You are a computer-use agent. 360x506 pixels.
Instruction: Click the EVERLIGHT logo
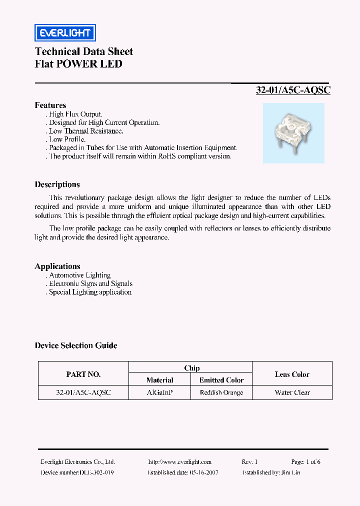point(65,33)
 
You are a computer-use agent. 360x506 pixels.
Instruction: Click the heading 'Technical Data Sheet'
point(84,51)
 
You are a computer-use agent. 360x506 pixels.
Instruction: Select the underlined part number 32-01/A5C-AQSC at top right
point(293,90)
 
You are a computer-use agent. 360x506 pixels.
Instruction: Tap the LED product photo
point(293,133)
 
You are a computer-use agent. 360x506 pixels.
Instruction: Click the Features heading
point(50,105)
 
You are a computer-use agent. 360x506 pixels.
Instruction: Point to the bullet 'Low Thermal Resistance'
point(85,131)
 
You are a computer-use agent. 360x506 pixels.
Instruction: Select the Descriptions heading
point(57,184)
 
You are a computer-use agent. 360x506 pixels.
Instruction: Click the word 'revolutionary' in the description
point(87,198)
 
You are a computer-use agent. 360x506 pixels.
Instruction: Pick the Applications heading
point(57,266)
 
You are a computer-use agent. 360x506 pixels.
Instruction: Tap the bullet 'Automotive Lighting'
point(79,275)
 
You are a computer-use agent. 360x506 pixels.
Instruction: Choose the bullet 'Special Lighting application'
point(90,292)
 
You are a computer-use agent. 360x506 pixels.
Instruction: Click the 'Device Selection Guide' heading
point(76,345)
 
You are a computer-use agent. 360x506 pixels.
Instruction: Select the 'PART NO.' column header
point(83,374)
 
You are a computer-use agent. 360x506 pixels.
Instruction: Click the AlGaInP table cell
point(160,393)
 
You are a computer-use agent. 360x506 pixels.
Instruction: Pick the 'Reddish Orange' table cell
point(221,393)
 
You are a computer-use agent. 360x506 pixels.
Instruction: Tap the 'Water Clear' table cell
point(292,393)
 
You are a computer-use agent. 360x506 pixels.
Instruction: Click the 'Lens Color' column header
point(292,374)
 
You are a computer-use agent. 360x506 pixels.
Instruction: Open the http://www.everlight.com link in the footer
point(180,462)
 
